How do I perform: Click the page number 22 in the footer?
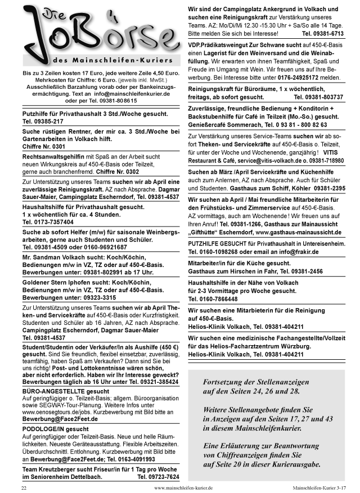[x=24, y=487]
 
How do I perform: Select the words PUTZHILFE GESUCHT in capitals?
[x=217, y=243]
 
